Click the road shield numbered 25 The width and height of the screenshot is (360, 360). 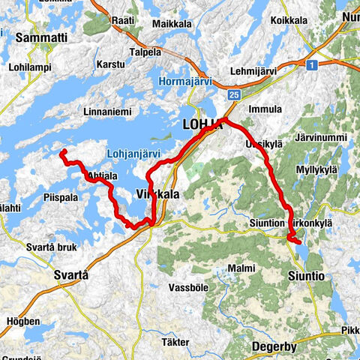point(235,94)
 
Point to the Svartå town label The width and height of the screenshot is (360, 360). point(72,276)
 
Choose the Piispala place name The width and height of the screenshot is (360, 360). point(60,198)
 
